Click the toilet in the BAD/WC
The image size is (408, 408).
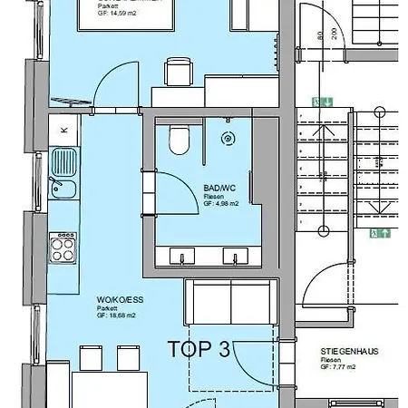178,141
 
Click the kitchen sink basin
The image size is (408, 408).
64,189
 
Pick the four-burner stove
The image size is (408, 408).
63,246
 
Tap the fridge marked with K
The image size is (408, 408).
63,130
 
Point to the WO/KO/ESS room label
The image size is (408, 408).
115,298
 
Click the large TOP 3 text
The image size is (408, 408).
198,349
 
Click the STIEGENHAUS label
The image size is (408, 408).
348,351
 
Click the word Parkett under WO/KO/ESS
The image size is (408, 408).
106,307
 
